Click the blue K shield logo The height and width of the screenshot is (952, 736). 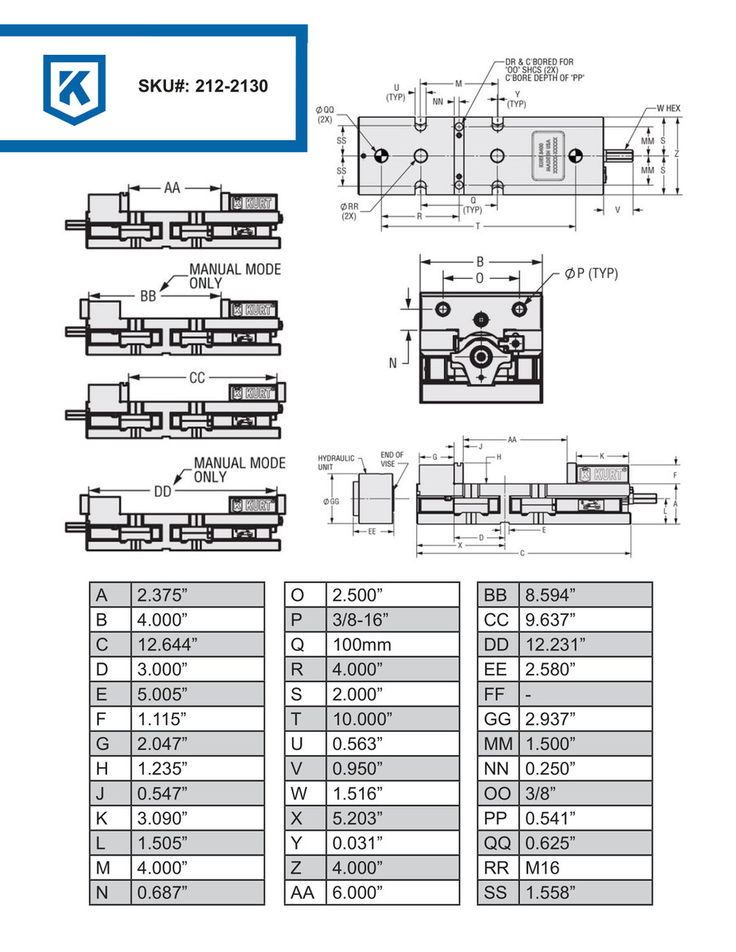click(x=74, y=88)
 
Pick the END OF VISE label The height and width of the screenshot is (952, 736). click(x=392, y=459)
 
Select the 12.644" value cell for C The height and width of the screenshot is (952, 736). click(x=196, y=644)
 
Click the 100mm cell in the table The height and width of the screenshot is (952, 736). click(x=393, y=644)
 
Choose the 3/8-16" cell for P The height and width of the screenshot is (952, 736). click(x=393, y=619)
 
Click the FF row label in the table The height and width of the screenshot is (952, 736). click(x=497, y=694)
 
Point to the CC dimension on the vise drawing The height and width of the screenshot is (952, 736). click(x=196, y=378)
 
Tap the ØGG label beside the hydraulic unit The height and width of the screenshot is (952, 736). click(x=331, y=501)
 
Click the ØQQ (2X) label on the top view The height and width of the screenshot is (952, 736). click(x=325, y=114)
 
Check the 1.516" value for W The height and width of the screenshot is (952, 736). click(x=393, y=793)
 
